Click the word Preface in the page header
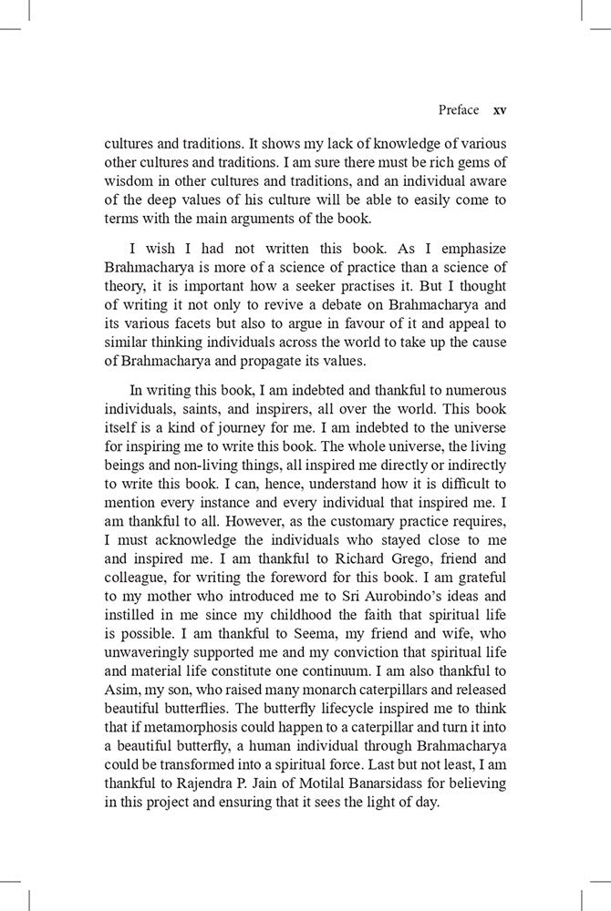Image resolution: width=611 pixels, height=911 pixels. coord(458,109)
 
